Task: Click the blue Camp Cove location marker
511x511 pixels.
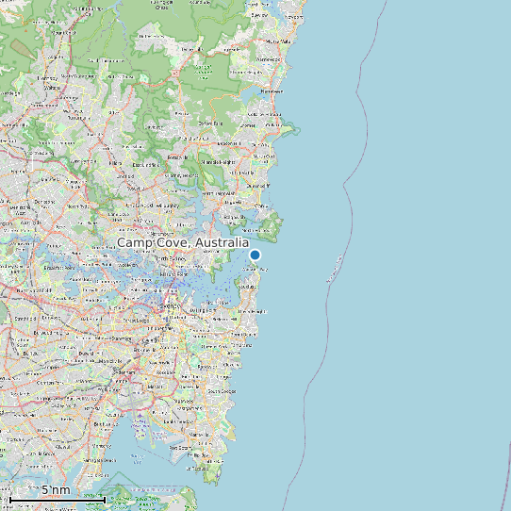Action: (255, 255)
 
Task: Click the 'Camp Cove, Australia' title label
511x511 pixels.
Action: (183, 243)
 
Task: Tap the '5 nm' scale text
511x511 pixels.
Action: (56, 490)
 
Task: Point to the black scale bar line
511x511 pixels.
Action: (57, 500)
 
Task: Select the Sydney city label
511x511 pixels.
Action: (171, 306)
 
